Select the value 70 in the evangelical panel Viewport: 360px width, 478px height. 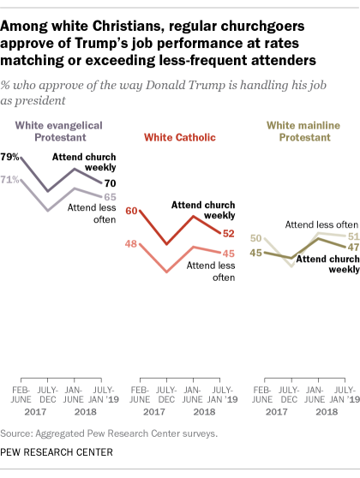111,183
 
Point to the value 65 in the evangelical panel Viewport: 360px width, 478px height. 111,197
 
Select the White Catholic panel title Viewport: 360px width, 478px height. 177,135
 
